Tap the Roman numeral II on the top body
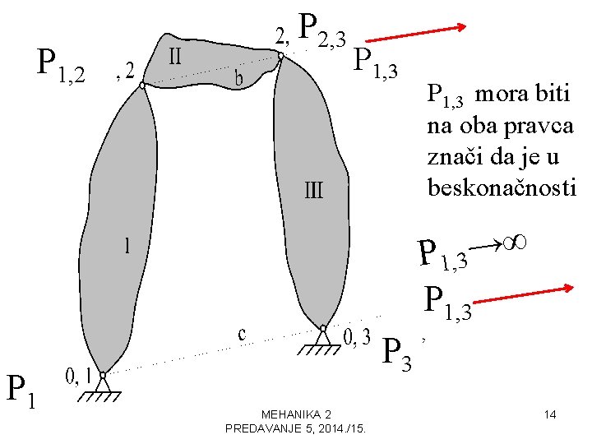pyautogui.click(x=175, y=58)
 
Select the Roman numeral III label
pyautogui.click(x=314, y=191)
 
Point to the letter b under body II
pyautogui.click(x=239, y=78)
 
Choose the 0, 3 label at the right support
pyautogui.click(x=356, y=336)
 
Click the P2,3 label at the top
pyautogui.click(x=323, y=29)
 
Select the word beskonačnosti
pyautogui.click(x=502, y=188)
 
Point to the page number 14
pyautogui.click(x=551, y=414)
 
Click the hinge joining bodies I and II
pyautogui.click(x=142, y=85)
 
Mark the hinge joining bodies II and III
pyautogui.click(x=280, y=57)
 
